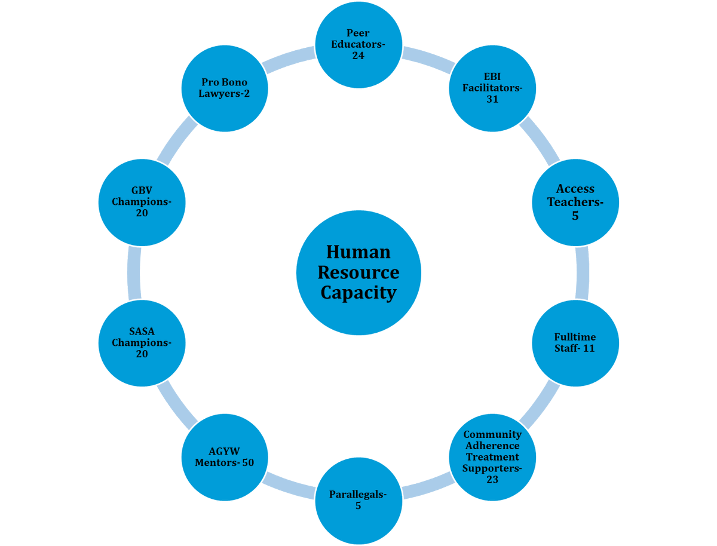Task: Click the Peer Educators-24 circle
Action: coord(358,44)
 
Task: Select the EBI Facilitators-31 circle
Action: coord(492,88)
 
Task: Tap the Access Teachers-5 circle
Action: coord(575,202)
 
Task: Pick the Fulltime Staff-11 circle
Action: coord(575,343)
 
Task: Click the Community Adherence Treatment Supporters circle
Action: coord(492,457)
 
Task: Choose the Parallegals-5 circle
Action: coord(358,501)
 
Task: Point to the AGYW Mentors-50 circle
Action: coord(225,457)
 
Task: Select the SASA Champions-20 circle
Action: coord(142,343)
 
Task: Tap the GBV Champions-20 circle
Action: coord(142,202)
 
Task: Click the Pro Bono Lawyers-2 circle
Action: coord(225,88)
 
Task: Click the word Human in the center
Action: coord(358,251)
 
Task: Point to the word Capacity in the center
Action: coord(358,293)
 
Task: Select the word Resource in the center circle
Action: coord(358,272)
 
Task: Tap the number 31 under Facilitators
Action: coord(492,100)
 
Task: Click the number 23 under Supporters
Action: coord(492,480)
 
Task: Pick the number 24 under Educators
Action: coord(358,56)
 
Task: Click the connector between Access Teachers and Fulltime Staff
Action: coord(583,272)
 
